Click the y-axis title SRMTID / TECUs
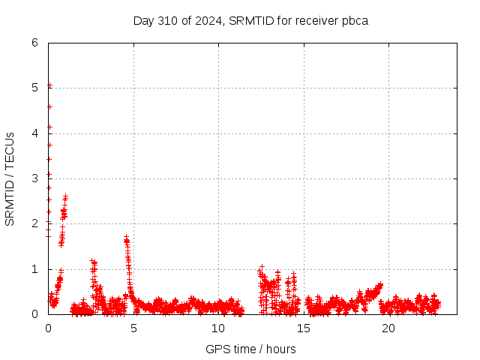pos(10,178)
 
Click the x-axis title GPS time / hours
pos(250,349)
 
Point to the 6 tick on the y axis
pos(34,43)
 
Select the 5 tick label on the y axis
pos(34,88)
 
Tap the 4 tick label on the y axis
pos(34,133)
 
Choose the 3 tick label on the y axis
pos(34,178)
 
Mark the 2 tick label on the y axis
pos(34,223)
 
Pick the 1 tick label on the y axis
pos(34,269)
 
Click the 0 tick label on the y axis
pos(34,314)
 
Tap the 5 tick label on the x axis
pos(133,328)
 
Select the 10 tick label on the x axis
pos(218,328)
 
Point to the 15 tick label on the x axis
pos(304,328)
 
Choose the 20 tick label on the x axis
pos(388,328)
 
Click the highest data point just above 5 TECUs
pos(49,85)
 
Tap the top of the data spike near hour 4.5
pos(126,238)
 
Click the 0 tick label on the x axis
pos(48,328)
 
